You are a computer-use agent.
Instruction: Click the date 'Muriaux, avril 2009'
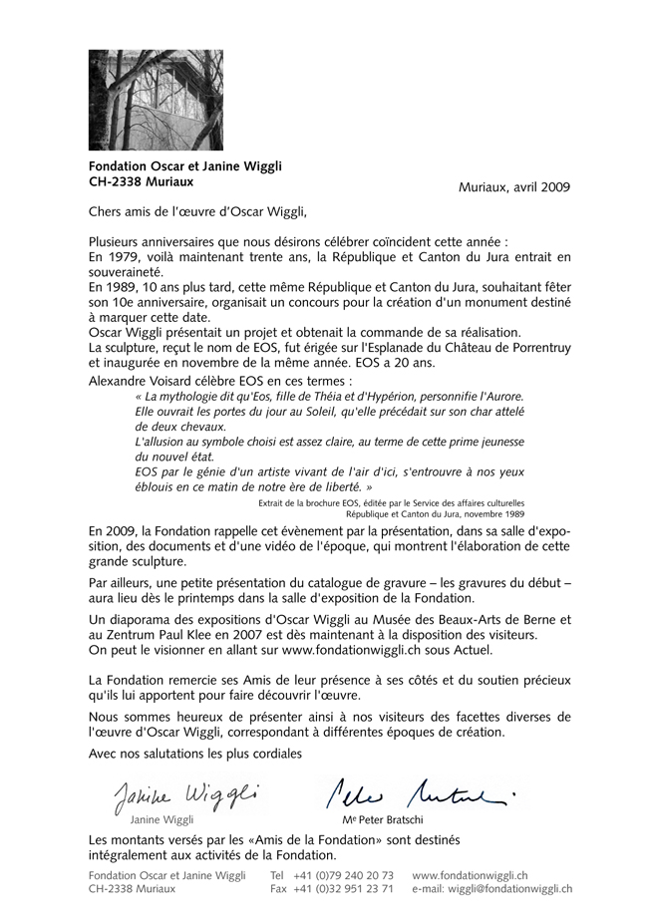(514, 187)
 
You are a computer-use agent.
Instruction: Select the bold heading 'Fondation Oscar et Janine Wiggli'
(185, 168)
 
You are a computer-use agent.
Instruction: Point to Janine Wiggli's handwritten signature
(184, 795)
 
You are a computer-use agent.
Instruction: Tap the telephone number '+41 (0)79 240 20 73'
(344, 875)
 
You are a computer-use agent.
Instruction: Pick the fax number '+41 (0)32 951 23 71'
(344, 888)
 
